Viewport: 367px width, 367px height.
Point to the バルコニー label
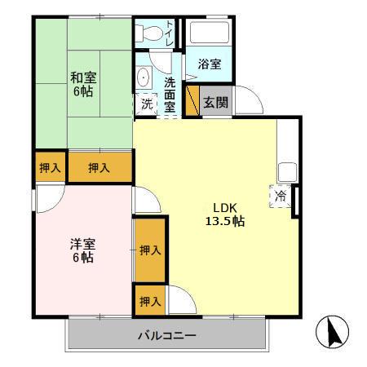point(166,335)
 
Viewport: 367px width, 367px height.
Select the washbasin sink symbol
point(144,79)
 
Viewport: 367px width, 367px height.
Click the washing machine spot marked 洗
point(146,104)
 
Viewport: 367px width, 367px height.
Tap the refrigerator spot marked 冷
point(281,196)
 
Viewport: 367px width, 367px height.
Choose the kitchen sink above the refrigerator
point(287,172)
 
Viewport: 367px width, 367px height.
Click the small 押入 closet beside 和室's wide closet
point(50,167)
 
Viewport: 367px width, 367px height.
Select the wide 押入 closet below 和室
point(99,167)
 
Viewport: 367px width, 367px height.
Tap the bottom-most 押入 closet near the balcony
point(149,301)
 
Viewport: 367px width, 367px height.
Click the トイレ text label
point(169,32)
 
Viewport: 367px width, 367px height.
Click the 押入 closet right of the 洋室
point(149,250)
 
